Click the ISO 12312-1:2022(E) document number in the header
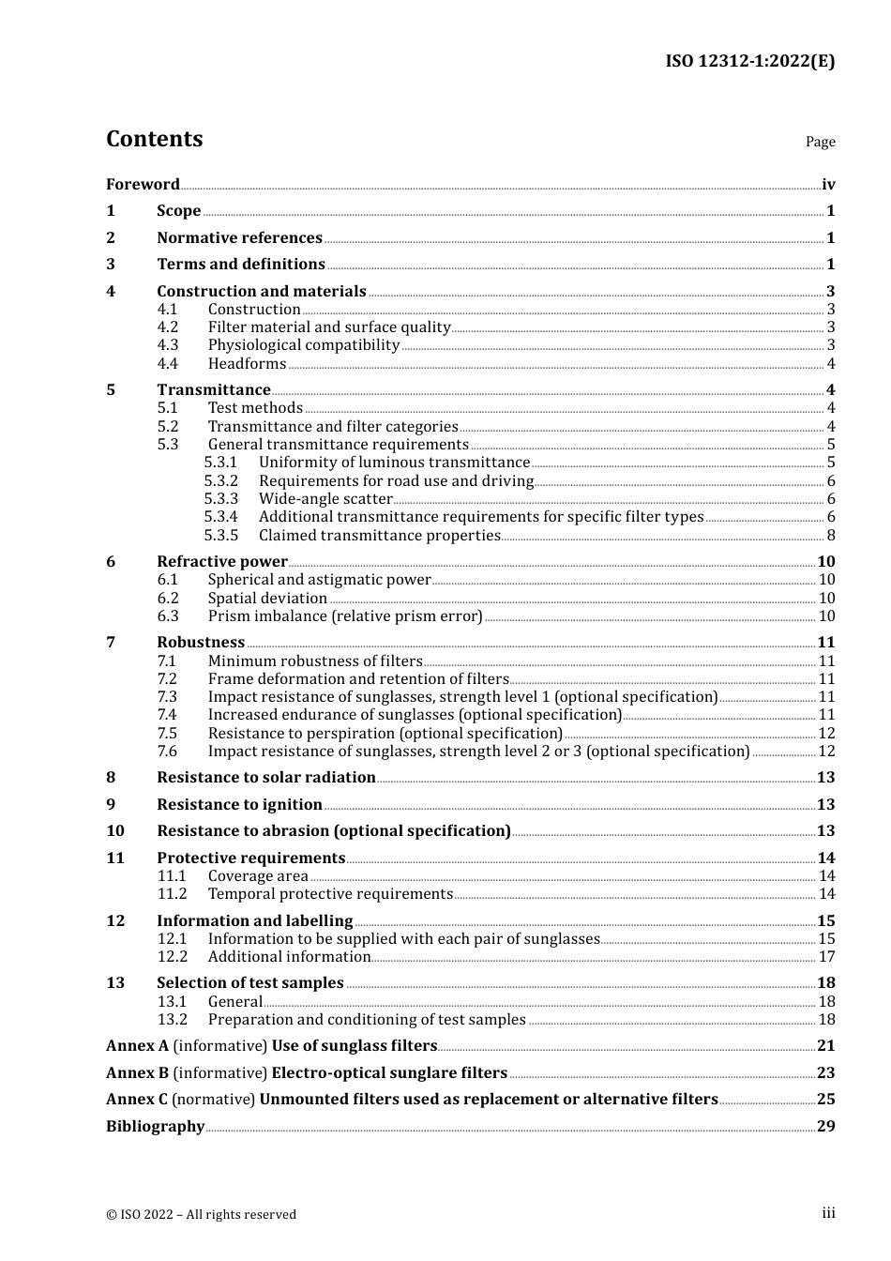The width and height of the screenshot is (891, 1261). coord(749,61)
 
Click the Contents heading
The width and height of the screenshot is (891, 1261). coord(154,139)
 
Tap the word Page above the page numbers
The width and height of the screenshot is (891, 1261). coord(820,142)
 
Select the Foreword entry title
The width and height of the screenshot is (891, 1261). coord(143,184)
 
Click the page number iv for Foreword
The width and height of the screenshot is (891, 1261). coord(828,185)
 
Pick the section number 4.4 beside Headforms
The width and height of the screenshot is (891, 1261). coord(168,363)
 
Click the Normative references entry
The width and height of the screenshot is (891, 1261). coord(239,237)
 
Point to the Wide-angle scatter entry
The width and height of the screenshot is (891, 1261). coord(325,498)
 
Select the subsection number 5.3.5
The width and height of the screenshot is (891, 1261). coord(221,535)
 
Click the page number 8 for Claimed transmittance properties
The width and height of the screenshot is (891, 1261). coord(831,535)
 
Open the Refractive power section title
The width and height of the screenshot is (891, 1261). coord(222,561)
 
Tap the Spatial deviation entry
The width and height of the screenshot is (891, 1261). coord(267,598)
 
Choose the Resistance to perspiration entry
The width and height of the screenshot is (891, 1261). coord(385,733)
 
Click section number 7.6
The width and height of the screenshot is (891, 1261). coord(168,751)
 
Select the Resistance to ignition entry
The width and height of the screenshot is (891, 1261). coord(239,804)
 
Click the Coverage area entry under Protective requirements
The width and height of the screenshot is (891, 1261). coord(258,875)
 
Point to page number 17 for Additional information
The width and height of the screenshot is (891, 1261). coord(826,956)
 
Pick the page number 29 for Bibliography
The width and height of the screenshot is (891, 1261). coord(825,1126)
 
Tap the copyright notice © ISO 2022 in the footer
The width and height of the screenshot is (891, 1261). coord(201,1214)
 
